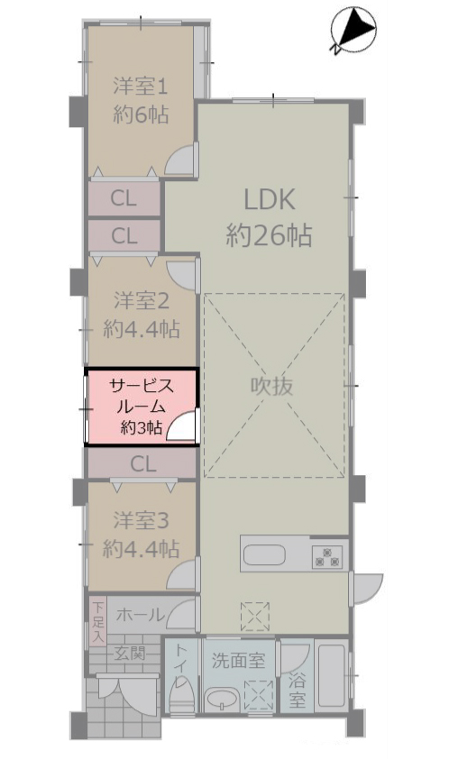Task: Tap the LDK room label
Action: coord(270,199)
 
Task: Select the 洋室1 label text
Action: coord(141,87)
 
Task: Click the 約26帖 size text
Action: coord(270,236)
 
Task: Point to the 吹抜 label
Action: coord(271,387)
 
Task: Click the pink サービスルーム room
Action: coord(142,407)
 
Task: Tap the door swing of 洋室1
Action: coord(180,160)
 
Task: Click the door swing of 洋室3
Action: coord(183,574)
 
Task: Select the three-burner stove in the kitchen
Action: coord(327,557)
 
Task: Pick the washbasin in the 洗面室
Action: coord(222,699)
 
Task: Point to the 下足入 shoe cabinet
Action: coord(98,621)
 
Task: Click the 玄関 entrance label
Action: coord(130,654)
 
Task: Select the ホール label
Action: coord(140,615)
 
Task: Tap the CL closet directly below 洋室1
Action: coord(124,198)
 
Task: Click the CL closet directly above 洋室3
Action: coord(142,464)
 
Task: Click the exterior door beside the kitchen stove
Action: coord(366,589)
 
